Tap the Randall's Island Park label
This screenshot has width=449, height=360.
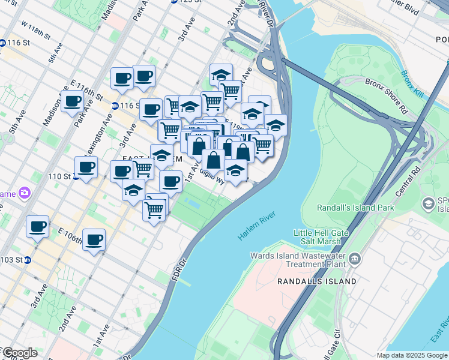click(x=355, y=208)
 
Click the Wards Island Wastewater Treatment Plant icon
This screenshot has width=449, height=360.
click(x=355, y=259)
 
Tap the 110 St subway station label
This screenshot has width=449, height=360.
click(x=59, y=177)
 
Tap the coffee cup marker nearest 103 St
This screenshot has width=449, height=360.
click(x=37, y=227)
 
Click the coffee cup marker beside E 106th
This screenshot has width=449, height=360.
click(x=94, y=240)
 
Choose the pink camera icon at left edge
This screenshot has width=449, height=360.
click(x=25, y=193)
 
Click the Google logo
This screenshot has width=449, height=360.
click(x=19, y=353)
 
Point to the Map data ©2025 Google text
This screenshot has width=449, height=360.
click(x=412, y=355)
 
